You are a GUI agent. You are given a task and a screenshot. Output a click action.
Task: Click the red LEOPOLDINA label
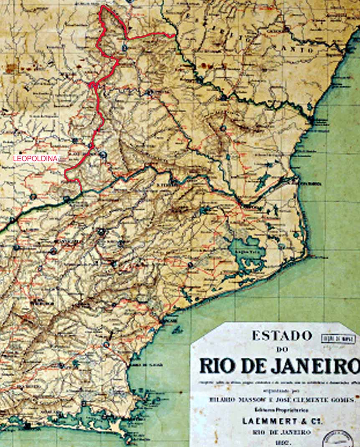[35, 159]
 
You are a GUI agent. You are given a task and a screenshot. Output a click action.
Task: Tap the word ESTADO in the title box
[281, 336]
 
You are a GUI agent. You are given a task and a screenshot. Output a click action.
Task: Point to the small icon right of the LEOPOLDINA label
[62, 159]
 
